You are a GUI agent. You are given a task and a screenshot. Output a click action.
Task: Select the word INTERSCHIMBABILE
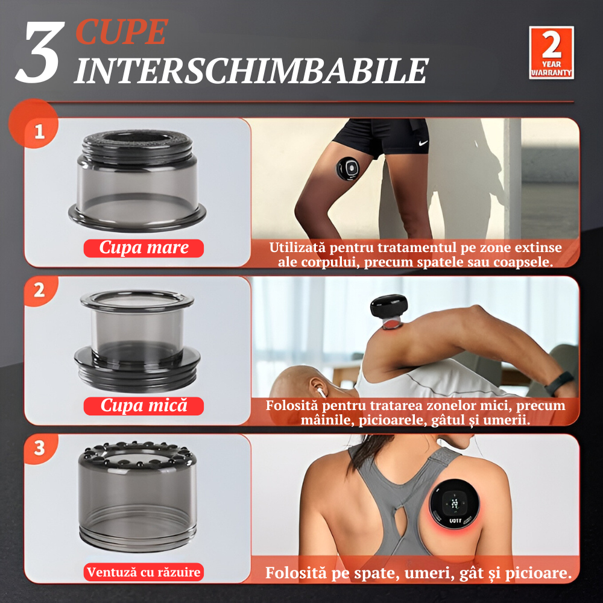pyautogui.click(x=251, y=71)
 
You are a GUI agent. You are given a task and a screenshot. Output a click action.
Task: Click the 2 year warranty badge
pyautogui.click(x=551, y=52)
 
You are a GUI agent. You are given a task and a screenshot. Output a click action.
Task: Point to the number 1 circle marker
pyautogui.click(x=39, y=131)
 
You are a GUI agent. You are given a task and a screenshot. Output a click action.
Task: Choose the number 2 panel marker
pyautogui.click(x=39, y=291)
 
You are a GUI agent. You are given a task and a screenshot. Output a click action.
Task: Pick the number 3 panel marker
pyautogui.click(x=39, y=448)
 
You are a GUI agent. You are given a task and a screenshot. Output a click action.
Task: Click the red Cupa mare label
pyautogui.click(x=144, y=248)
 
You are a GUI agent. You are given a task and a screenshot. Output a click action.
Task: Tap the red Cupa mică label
pyautogui.click(x=144, y=406)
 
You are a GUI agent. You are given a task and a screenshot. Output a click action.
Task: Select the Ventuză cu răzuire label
pyautogui.click(x=144, y=572)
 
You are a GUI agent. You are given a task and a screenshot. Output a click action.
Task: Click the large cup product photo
pyautogui.click(x=137, y=180)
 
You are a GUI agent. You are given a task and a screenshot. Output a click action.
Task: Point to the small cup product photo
pyautogui.click(x=137, y=341)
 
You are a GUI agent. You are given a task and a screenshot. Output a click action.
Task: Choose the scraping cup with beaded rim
pyautogui.click(x=137, y=496)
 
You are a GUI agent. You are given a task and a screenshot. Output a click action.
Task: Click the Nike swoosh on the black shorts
pyautogui.click(x=423, y=144)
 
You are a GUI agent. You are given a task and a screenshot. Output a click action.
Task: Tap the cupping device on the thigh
pyautogui.click(x=349, y=168)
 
